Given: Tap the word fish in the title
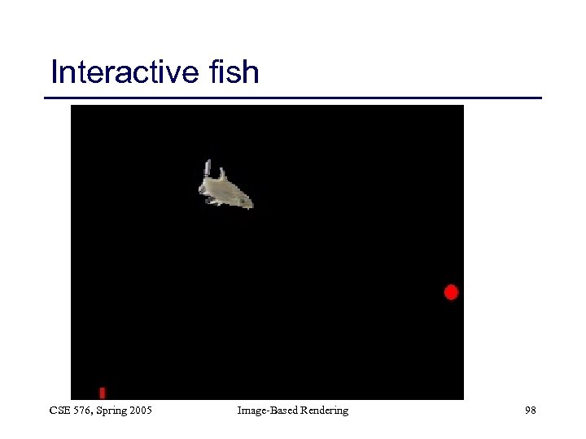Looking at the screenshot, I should [234, 72].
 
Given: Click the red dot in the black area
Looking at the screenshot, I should [451, 292].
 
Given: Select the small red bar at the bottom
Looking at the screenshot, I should [103, 393].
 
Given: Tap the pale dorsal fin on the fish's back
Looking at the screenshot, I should [222, 174].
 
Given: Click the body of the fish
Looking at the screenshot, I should [226, 192].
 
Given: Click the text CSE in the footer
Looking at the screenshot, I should [60, 411].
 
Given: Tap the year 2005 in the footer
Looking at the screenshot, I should [140, 411].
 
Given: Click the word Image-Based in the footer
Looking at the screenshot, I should [265, 411].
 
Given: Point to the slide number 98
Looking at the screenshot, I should [530, 411].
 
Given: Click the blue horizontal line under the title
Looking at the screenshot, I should [293, 98].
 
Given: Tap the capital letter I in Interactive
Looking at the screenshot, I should [55, 72].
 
